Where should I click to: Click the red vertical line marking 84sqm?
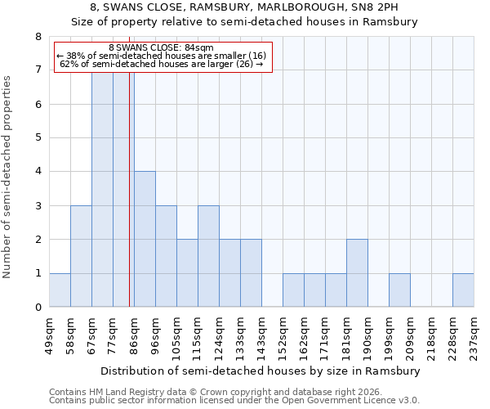(x=130, y=188)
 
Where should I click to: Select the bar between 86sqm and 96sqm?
(x=145, y=239)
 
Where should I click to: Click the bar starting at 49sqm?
(x=60, y=290)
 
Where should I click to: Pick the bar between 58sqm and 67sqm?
(x=81, y=256)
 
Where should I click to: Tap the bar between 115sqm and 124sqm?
(x=208, y=256)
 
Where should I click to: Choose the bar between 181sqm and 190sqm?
(x=357, y=273)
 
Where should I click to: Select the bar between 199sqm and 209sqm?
(x=399, y=290)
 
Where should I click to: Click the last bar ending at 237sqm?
(x=463, y=290)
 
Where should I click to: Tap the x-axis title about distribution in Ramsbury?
(x=261, y=371)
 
